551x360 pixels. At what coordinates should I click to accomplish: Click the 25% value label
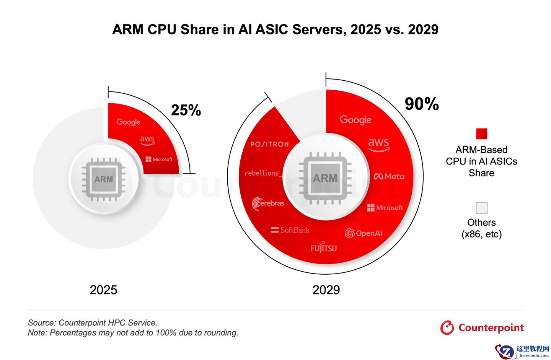coord(186,110)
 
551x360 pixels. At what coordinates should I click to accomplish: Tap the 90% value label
coord(422,104)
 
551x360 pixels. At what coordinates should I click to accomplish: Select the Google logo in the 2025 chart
coord(129,122)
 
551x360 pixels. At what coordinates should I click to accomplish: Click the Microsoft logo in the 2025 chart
coord(159,159)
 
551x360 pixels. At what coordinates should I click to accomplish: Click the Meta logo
coord(389,176)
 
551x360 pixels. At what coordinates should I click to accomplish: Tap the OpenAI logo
coord(364,233)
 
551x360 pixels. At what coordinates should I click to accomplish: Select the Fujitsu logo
coord(324,248)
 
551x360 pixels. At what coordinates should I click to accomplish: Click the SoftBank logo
coord(290,230)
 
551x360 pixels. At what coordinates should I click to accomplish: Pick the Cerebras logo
coord(268,203)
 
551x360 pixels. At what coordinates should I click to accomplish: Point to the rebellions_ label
coord(263,173)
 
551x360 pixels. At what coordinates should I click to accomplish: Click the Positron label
coord(269,144)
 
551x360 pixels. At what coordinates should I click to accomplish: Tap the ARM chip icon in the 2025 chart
coord(104,179)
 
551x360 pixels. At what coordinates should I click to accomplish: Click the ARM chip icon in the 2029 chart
coord(325,178)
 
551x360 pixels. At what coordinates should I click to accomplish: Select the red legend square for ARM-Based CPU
coord(481,134)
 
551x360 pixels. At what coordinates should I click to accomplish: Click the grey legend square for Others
coord(481,208)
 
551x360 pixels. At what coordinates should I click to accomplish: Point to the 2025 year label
coord(103,290)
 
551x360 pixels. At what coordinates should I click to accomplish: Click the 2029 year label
coord(326,290)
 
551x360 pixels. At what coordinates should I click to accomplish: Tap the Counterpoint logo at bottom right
coord(482,328)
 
